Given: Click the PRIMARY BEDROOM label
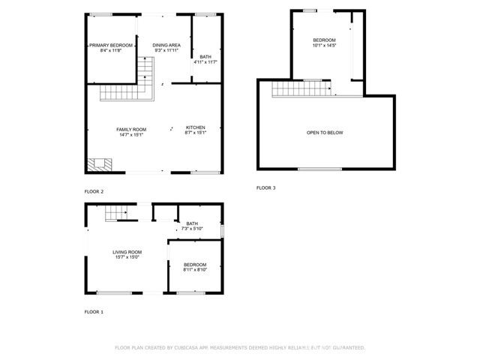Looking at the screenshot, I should point(110,46).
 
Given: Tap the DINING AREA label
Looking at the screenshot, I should point(166,46).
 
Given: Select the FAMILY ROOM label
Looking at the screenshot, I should point(130,130).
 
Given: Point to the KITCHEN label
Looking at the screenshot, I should point(195,127).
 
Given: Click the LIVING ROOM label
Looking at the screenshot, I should point(127,252).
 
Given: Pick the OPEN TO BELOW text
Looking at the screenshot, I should point(325,133).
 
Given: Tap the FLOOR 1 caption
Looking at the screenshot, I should point(94,311).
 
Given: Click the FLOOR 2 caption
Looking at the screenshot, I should point(94,192).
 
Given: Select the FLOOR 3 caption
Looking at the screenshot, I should point(266,187).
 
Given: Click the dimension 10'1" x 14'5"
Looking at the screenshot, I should point(325,46).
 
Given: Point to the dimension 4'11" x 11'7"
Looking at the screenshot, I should point(205,62).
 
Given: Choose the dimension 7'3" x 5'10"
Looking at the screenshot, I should point(192,229).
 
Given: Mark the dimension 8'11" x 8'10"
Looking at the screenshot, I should point(195,270).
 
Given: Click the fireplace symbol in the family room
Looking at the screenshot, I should point(98,163).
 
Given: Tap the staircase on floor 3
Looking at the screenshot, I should point(301,90).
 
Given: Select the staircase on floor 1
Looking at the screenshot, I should point(114,215).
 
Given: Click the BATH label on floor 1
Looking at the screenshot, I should point(192,223).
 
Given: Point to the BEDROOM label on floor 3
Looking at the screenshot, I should point(325,40).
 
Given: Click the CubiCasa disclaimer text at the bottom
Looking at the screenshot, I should point(239,348).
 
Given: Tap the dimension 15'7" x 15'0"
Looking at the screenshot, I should point(127,257).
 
